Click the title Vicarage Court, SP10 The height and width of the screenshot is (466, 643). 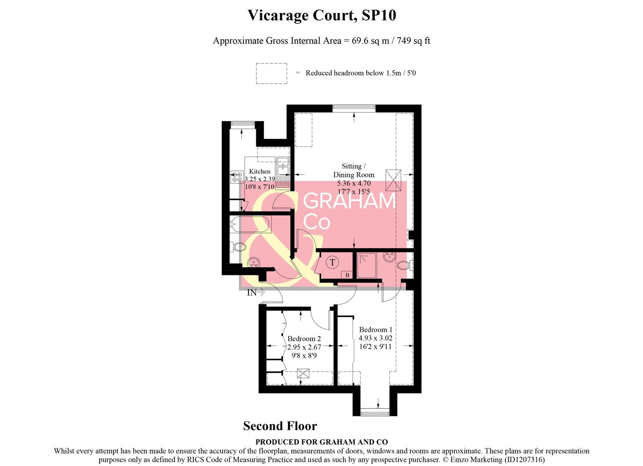point(321,16)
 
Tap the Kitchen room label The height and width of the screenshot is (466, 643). point(259,171)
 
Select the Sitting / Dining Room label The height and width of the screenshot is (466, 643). point(353,170)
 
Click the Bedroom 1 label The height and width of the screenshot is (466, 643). point(375,330)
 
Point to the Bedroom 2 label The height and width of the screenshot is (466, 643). point(304,339)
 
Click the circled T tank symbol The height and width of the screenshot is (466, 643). point(332,262)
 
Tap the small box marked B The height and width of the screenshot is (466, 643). point(347,275)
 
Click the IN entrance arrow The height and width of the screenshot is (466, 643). point(256,293)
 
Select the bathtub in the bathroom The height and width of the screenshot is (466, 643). point(250,224)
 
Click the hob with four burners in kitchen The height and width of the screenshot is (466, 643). point(237,177)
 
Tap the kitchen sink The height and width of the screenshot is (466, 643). point(283,166)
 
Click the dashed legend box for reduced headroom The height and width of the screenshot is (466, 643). point(271,73)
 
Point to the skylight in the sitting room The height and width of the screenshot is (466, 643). point(393,180)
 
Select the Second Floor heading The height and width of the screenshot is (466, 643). point(280,426)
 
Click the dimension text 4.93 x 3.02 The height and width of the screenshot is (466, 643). point(375,338)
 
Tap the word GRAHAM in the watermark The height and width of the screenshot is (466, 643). point(350,201)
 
